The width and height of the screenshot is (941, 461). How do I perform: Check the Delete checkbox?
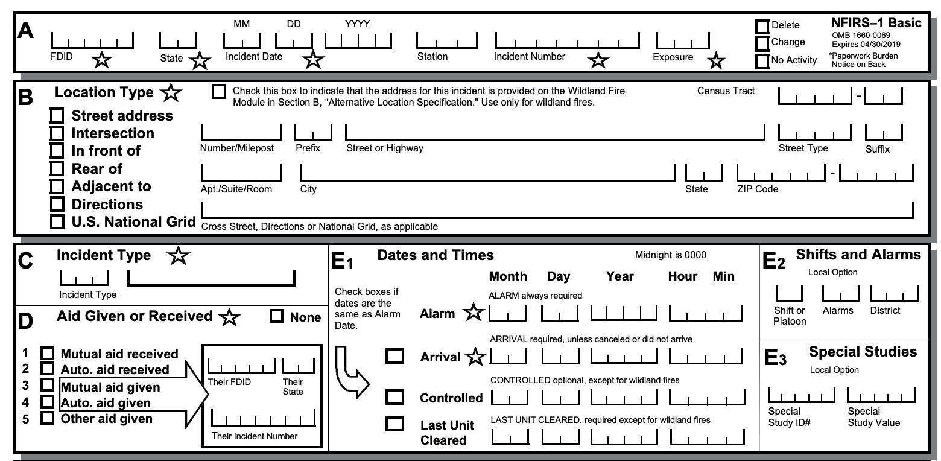click(762, 27)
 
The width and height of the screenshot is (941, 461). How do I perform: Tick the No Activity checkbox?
click(762, 61)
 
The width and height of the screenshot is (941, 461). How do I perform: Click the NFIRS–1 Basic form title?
click(876, 24)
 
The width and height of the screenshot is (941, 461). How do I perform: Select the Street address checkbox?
click(57, 115)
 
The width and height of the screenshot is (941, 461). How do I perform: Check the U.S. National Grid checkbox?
click(57, 221)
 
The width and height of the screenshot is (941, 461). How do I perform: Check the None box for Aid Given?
click(277, 316)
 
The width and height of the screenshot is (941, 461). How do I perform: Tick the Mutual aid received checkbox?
click(46, 354)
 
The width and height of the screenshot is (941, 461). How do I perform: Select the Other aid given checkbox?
click(46, 418)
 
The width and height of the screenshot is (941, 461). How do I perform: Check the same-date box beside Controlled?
click(395, 396)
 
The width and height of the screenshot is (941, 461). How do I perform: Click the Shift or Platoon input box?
click(788, 293)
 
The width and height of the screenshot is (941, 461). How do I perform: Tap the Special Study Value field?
click(881, 396)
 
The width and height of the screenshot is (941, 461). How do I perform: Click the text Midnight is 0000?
click(670, 255)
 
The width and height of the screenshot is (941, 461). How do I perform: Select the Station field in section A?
click(447, 41)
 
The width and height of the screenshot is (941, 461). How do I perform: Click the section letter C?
click(25, 260)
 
